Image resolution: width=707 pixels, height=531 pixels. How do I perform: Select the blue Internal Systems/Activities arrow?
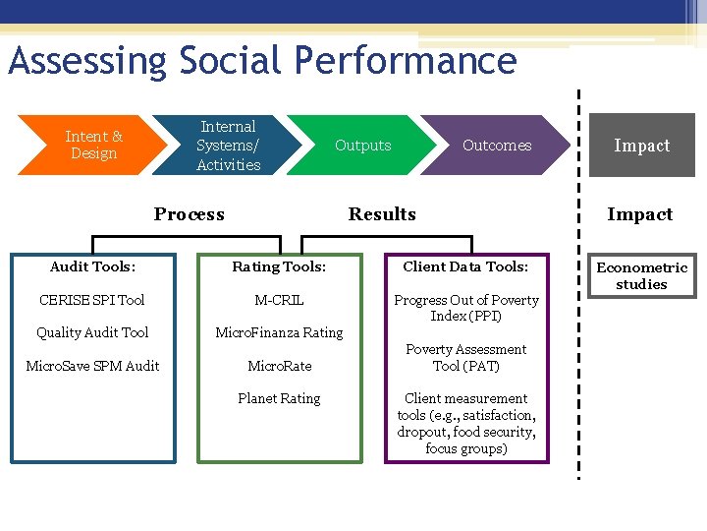[228, 146]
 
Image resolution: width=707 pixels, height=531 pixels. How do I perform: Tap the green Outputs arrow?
[362, 146]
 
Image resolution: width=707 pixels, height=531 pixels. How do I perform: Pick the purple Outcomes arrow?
[496, 146]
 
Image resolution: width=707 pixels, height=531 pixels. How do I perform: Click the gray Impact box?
[641, 146]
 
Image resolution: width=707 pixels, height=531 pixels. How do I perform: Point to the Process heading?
[189, 214]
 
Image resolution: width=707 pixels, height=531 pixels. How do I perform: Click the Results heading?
[382, 214]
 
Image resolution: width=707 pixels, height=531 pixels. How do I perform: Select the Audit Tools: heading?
[92, 266]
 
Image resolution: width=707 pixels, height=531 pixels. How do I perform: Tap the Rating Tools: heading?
[279, 266]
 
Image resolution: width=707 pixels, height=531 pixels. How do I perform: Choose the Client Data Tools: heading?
[465, 266]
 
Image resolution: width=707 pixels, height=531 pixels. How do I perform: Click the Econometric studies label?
[641, 275]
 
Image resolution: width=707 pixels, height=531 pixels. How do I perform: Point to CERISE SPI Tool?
[92, 300]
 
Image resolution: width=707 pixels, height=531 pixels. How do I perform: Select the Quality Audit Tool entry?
[92, 332]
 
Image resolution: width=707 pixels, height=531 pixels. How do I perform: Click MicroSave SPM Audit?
[92, 366]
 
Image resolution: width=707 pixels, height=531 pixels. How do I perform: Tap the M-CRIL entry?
[279, 300]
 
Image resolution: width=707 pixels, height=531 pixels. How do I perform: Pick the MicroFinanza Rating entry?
[279, 332]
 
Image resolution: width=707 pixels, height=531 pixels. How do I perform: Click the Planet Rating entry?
[279, 398]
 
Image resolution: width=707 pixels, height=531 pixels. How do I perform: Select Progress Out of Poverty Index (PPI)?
[466, 308]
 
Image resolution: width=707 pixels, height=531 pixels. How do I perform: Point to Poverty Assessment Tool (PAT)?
[466, 357]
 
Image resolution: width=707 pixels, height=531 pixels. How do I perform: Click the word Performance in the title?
[397, 61]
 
